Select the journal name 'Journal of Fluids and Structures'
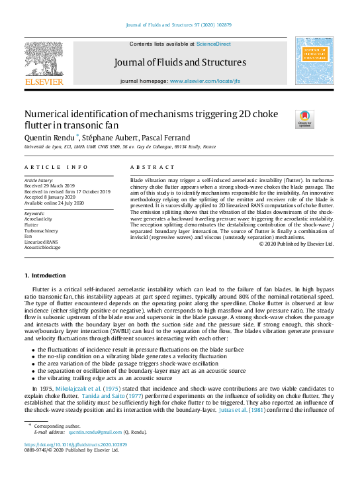coord(179,63)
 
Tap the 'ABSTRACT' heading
coord(153,168)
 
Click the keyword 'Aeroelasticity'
coord(40,219)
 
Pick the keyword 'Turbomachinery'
coord(41,230)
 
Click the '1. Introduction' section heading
coord(45,275)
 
